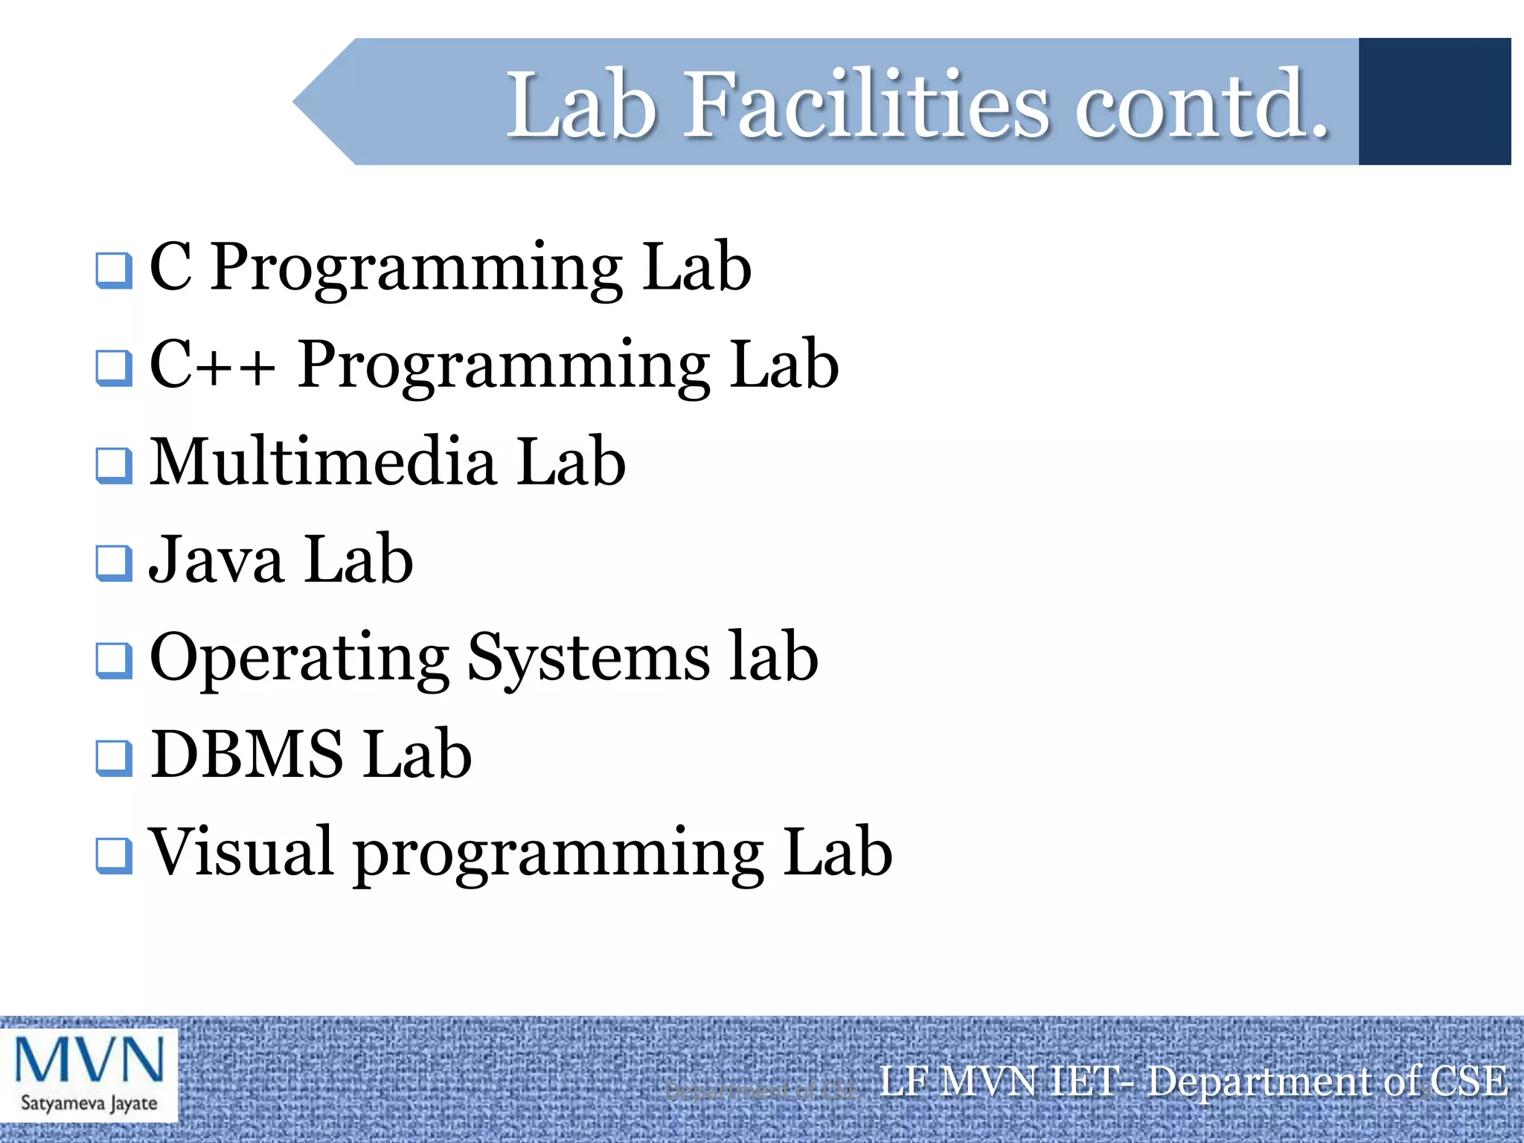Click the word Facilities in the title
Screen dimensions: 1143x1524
pos(867,105)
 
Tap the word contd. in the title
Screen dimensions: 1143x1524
pos(1201,105)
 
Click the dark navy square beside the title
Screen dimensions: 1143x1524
pos(1434,101)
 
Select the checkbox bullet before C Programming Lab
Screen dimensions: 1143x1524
pos(114,271)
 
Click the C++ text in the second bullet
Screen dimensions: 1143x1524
pos(212,365)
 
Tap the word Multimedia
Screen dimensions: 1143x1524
pos(323,462)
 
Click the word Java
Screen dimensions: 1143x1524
pos(217,560)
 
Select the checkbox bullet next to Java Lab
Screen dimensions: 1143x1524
pos(114,563)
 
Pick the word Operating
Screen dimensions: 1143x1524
pos(299,659)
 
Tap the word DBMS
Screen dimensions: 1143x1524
pos(247,755)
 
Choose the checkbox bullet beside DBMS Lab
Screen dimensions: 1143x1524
pos(114,758)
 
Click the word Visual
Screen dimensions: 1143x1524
pos(240,852)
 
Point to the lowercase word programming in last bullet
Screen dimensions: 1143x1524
pos(558,856)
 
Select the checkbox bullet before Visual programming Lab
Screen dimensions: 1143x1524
pos(114,856)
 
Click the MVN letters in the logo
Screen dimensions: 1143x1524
pos(89,1060)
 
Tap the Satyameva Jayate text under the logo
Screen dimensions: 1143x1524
pos(89,1102)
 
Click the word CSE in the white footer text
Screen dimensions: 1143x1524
pos(1466,1081)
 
